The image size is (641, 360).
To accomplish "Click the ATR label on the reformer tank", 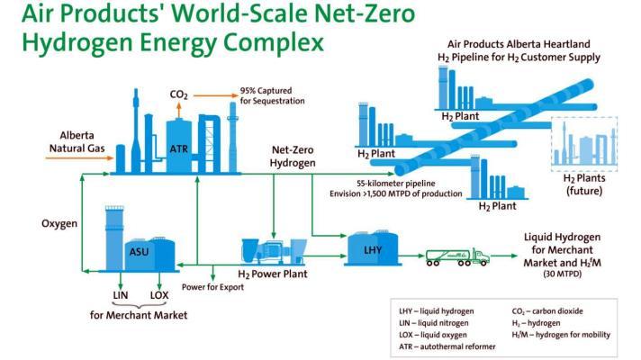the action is point(178,148).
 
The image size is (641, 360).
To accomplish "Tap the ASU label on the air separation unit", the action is point(139,251).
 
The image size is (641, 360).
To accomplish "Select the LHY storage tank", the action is point(372,248).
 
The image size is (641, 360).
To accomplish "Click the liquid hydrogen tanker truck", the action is point(457,257).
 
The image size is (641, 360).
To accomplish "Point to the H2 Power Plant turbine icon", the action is point(274,250).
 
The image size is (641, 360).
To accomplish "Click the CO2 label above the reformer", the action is point(178,94).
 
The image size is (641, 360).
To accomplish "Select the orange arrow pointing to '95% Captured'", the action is point(215,95).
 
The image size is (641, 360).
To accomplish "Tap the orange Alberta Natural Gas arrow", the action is point(79,157).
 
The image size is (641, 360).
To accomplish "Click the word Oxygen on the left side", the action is point(59,223).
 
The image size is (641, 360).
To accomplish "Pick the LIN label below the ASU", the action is point(121,295).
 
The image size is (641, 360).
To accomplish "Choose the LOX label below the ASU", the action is point(159,295).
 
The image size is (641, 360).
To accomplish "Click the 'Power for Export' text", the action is point(212,287).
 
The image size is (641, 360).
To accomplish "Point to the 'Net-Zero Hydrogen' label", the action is point(293,157).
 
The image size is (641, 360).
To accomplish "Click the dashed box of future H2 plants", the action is point(584,144).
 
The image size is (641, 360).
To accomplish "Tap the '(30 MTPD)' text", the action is point(562,274).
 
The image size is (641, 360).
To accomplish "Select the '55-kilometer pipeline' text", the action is point(396,184).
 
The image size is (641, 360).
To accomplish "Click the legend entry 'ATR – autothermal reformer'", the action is point(447,346).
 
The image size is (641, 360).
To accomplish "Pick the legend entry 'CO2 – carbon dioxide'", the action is point(547,311).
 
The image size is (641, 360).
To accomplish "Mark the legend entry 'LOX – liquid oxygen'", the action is point(433,335).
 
